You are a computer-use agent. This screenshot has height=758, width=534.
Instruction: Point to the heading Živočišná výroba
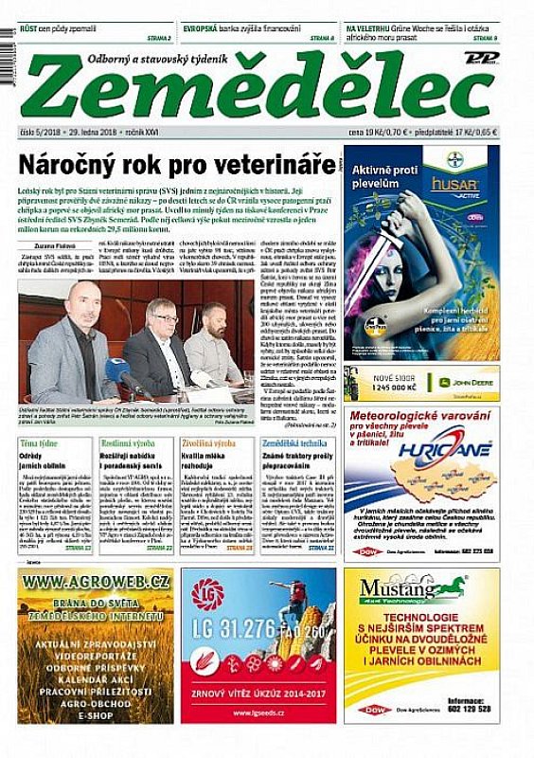click(x=208, y=443)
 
